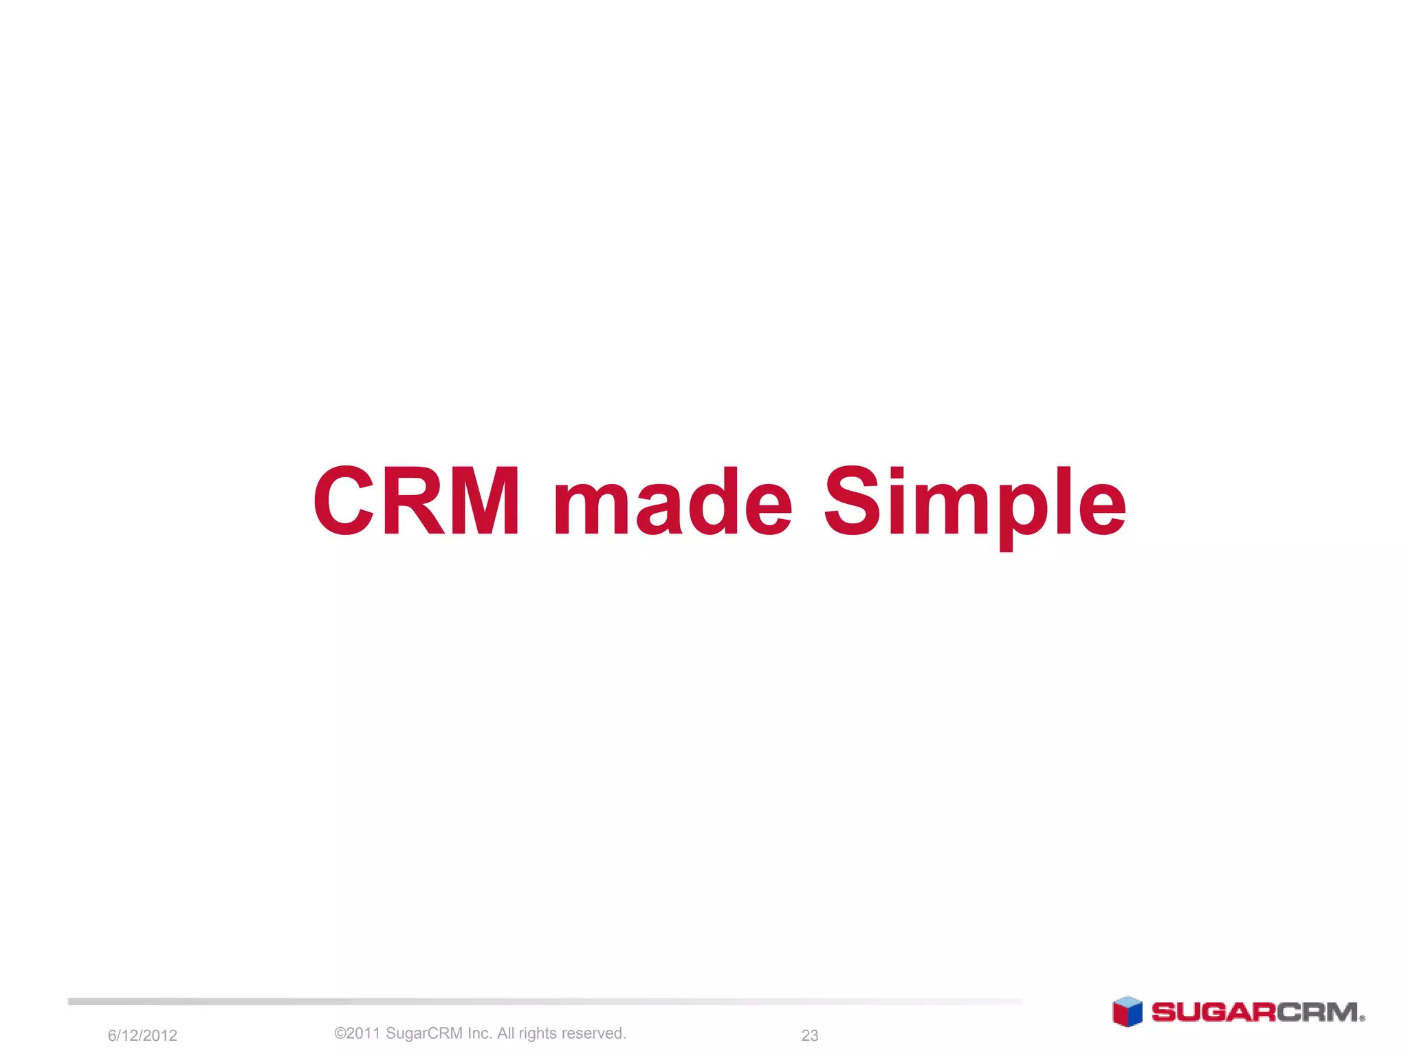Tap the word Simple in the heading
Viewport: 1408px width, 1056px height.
pyautogui.click(x=974, y=503)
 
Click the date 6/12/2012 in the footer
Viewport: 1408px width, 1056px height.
pyautogui.click(x=142, y=1035)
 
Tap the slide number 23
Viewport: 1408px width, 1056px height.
pyautogui.click(x=810, y=1035)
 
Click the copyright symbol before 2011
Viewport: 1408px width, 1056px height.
pyautogui.click(x=340, y=1033)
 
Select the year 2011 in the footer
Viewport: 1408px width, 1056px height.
pyautogui.click(x=363, y=1033)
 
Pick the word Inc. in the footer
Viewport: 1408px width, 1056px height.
pyautogui.click(x=480, y=1033)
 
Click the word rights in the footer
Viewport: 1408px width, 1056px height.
pyautogui.click(x=538, y=1034)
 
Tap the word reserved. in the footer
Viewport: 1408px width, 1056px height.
pyautogui.click(x=594, y=1033)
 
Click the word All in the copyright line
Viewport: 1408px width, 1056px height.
pyautogui.click(x=506, y=1033)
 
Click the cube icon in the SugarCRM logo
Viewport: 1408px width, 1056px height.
pyautogui.click(x=1127, y=1012)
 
